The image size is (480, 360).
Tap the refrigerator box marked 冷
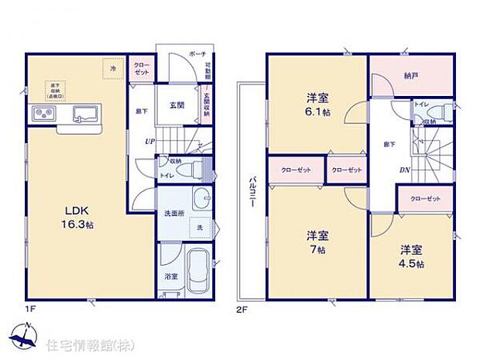click(113, 69)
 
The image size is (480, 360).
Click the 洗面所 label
click(173, 215)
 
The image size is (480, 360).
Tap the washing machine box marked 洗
click(200, 228)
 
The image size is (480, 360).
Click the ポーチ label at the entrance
click(197, 56)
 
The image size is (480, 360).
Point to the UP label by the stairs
click(149, 141)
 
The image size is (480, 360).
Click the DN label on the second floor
click(383, 170)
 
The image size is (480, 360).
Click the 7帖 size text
click(314, 251)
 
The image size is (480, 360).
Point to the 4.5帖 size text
click(411, 263)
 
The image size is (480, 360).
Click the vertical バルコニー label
click(252, 189)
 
